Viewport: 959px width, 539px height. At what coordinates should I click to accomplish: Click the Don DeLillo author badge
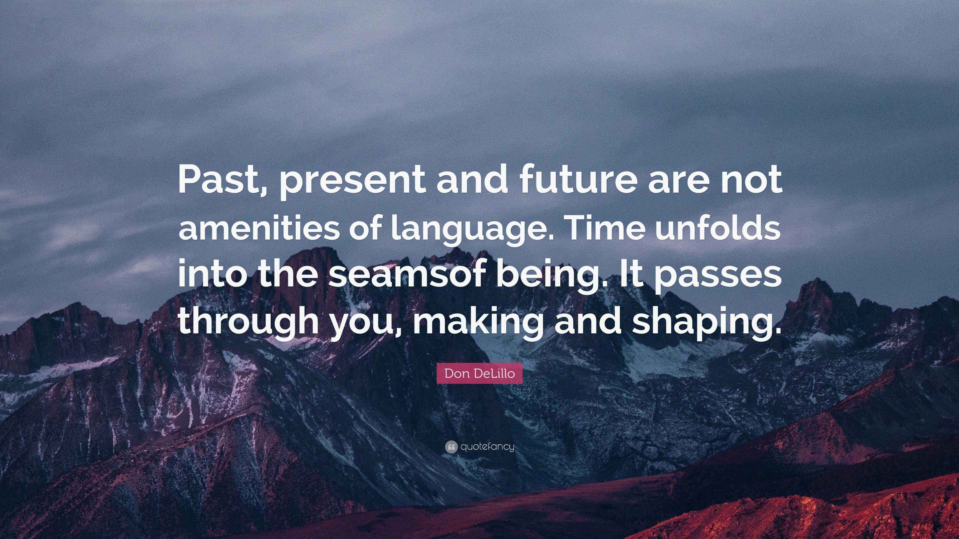479,373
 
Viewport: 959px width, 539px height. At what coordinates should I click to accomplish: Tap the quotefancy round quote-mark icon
451,447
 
